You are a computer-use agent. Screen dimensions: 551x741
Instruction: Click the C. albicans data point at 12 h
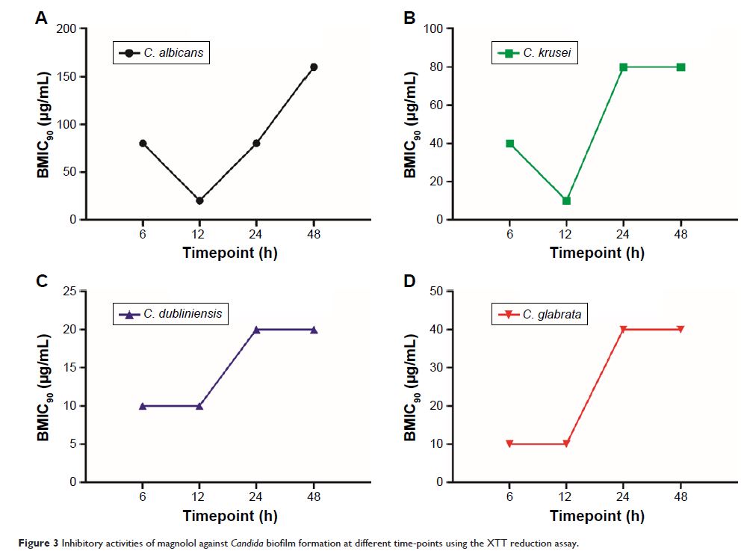(199, 200)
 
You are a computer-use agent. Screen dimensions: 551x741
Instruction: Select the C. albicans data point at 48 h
(314, 67)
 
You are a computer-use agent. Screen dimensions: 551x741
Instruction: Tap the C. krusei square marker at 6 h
(509, 144)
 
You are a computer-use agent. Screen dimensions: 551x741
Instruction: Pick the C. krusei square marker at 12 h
(566, 200)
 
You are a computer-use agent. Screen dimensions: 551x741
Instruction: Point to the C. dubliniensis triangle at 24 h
(256, 330)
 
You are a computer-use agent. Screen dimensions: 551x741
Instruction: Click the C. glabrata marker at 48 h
(680, 330)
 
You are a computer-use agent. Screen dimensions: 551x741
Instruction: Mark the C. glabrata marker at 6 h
(509, 444)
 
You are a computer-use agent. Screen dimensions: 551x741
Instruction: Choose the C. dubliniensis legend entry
(170, 314)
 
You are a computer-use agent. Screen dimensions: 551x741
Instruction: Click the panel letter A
(42, 19)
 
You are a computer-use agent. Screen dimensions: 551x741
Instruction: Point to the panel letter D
(409, 281)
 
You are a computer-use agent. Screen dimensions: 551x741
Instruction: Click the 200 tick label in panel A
(66, 29)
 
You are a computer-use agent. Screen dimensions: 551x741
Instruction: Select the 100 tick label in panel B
(433, 29)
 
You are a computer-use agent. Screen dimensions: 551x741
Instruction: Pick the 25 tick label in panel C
(69, 291)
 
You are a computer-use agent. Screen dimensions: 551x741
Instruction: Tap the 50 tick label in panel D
(436, 291)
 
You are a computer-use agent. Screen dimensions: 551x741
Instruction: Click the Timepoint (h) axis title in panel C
(229, 516)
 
